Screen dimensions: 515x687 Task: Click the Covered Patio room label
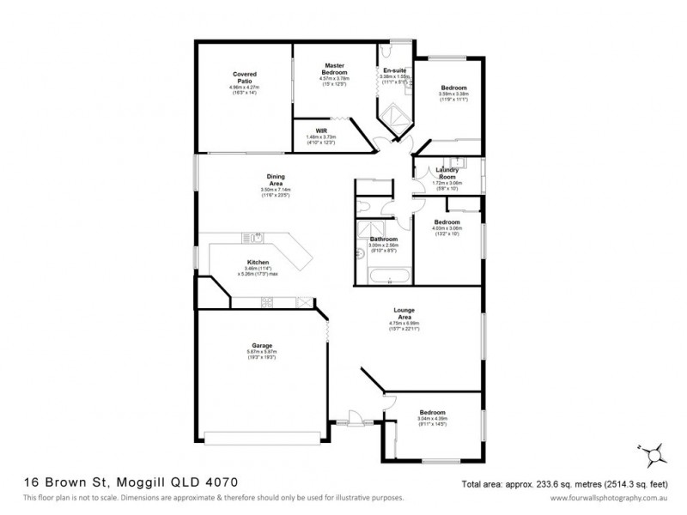click(245, 78)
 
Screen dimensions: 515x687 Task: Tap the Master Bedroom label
click(334, 69)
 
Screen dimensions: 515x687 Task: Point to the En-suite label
click(394, 70)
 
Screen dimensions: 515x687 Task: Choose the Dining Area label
click(276, 179)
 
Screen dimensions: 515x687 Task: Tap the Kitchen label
click(258, 262)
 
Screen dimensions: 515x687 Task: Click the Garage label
click(262, 346)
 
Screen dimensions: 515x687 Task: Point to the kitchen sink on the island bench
click(254, 237)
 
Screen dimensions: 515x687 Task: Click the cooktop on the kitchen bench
click(267, 301)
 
